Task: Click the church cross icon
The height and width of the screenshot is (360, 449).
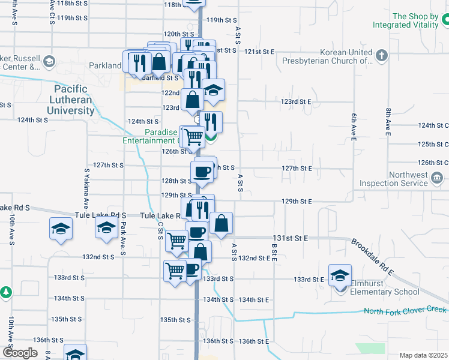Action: (x=381, y=56)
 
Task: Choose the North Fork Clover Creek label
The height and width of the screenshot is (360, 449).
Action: (x=405, y=310)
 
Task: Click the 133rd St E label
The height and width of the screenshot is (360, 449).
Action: (x=309, y=280)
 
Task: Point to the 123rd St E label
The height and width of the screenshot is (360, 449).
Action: (x=297, y=102)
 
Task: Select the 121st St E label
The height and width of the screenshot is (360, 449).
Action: (x=259, y=52)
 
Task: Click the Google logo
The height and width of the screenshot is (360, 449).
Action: (x=20, y=353)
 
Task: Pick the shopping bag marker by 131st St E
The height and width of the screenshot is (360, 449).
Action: (x=221, y=223)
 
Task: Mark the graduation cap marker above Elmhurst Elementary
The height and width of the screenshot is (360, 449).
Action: (x=340, y=275)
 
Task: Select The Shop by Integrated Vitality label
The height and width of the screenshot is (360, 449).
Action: (x=414, y=21)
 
